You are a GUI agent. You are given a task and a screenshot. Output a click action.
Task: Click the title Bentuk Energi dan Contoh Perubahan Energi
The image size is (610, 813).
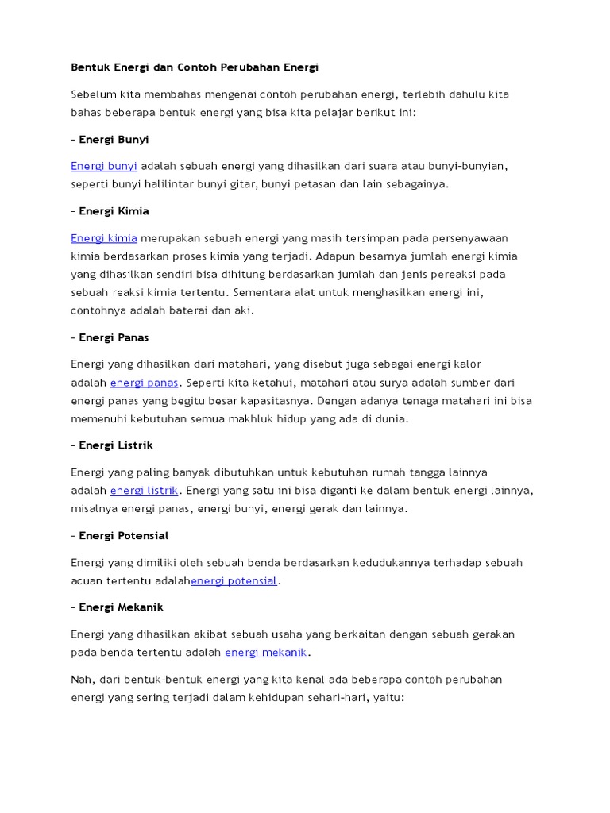pos(195,67)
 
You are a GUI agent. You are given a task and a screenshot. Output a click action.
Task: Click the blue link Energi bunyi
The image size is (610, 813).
pos(104,166)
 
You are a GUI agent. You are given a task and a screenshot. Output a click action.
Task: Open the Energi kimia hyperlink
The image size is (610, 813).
pos(104,238)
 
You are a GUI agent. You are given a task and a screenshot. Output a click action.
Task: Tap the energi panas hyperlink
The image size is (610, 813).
pos(144,383)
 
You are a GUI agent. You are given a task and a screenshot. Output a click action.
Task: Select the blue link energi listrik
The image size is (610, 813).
pos(144,491)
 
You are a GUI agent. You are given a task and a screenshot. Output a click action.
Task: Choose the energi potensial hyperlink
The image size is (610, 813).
pos(234,581)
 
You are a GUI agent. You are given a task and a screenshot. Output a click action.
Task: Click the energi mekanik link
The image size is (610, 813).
pos(265,653)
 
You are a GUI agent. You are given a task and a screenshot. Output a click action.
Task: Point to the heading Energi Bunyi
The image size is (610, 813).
pos(114,140)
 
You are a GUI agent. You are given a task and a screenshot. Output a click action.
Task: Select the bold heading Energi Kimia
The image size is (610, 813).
pos(114,212)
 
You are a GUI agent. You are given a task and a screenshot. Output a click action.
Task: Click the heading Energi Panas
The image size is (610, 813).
pos(114,337)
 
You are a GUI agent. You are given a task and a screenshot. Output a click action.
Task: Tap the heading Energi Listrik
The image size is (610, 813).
pos(115,445)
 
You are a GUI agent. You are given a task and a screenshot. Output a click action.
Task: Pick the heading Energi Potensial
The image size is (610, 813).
pos(123,536)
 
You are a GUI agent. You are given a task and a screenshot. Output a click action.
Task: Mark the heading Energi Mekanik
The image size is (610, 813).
pos(121,607)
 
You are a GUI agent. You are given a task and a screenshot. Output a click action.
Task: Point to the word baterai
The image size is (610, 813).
pos(184,310)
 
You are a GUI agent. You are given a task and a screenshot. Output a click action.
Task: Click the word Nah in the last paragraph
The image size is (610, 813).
pos(82,680)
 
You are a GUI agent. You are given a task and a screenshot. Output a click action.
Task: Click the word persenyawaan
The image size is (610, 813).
pos(470,238)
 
